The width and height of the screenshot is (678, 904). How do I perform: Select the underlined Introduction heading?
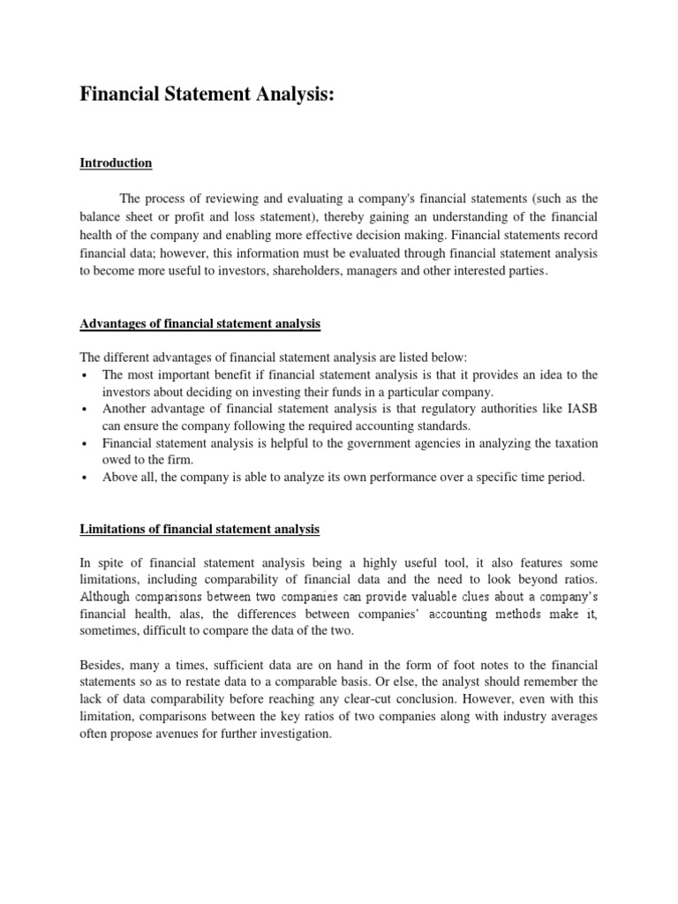pyautogui.click(x=116, y=163)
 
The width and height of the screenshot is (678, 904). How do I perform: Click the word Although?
pyautogui.click(x=107, y=598)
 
